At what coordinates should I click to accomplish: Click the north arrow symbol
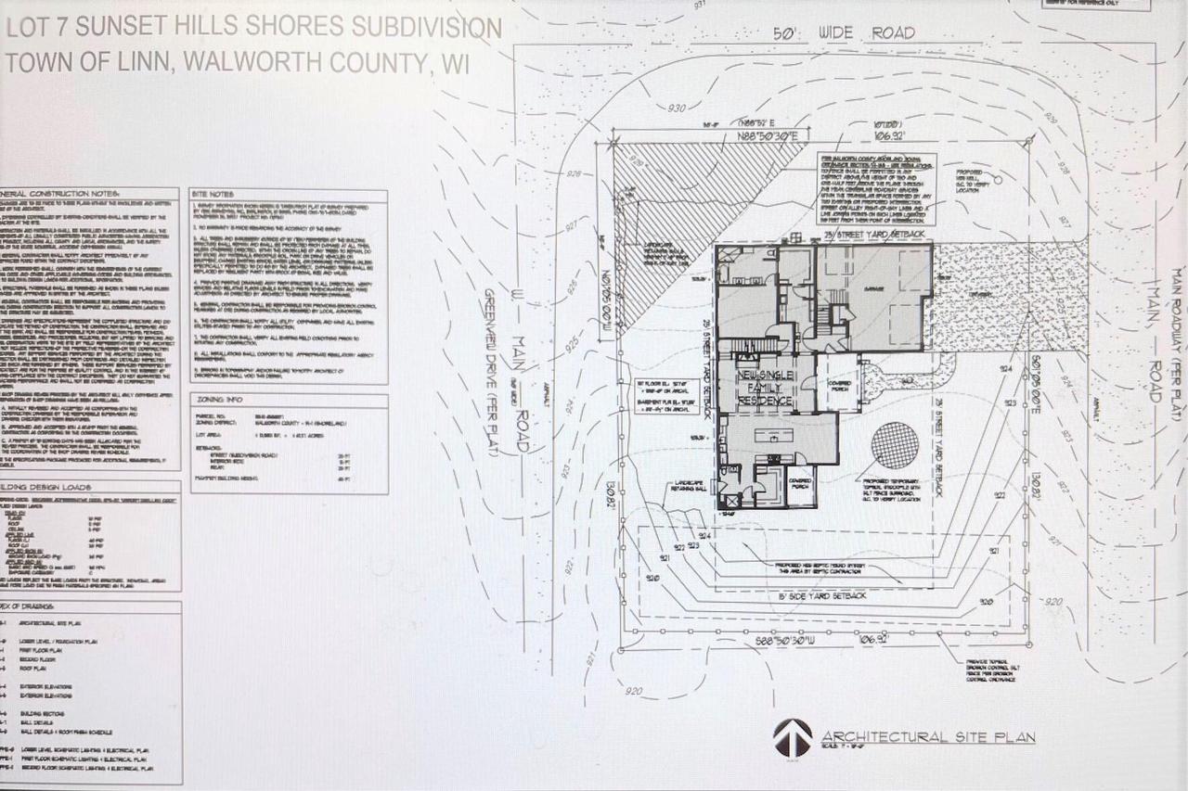click(792, 738)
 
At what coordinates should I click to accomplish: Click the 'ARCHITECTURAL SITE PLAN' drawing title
click(927, 737)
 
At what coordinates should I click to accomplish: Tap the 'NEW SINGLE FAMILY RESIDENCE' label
click(765, 387)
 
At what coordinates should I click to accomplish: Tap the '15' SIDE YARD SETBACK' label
click(823, 596)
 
